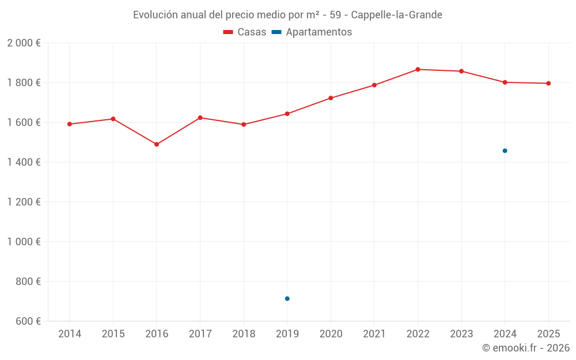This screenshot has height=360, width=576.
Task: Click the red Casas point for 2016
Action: [x=157, y=144]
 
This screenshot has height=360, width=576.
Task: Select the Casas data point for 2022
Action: [x=418, y=69]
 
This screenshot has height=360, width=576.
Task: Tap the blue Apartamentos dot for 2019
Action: [x=287, y=298]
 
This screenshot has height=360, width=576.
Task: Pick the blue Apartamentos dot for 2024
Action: [x=505, y=151]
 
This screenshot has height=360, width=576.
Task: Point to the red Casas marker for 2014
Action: [x=70, y=124]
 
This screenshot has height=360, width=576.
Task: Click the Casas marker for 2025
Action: [x=548, y=84]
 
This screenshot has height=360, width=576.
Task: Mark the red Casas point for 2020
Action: [x=331, y=98]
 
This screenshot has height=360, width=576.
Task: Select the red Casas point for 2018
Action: [x=244, y=124]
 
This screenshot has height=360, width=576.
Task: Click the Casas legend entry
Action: [x=245, y=32]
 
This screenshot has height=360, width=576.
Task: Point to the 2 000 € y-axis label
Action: [x=24, y=43]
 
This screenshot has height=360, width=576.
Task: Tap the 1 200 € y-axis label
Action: [x=24, y=202]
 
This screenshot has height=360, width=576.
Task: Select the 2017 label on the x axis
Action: [x=200, y=334]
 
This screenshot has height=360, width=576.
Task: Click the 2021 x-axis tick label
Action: [x=374, y=334]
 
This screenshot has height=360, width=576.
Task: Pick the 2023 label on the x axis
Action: [x=461, y=334]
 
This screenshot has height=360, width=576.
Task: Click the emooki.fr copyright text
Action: [x=525, y=348]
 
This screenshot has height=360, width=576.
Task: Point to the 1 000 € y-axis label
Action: [x=24, y=242]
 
